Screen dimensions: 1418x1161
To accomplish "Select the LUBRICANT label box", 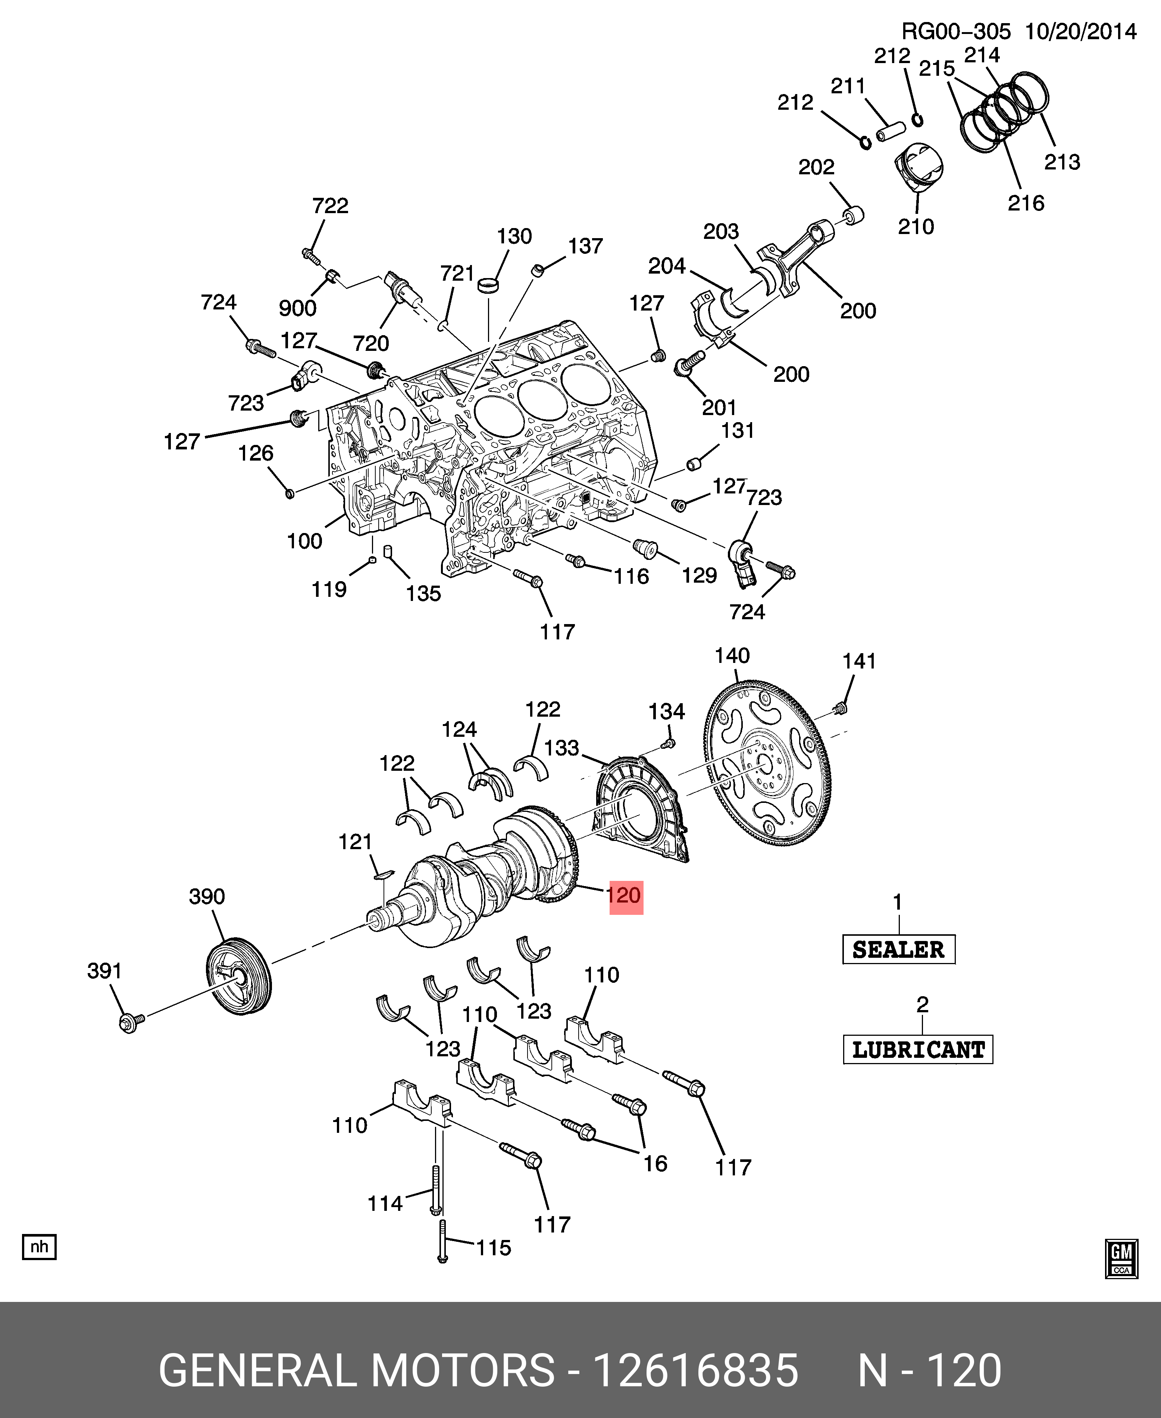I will (917, 1049).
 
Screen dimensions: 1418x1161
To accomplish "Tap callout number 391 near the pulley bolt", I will (104, 971).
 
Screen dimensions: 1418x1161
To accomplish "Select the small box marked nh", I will (40, 1247).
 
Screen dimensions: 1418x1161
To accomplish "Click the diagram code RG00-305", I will (955, 31).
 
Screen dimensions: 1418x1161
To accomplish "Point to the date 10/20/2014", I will (1081, 31).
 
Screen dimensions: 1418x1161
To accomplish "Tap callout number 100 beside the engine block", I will (304, 541).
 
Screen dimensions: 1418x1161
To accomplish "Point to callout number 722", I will (331, 205).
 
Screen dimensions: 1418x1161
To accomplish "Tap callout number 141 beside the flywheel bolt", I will (859, 661).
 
